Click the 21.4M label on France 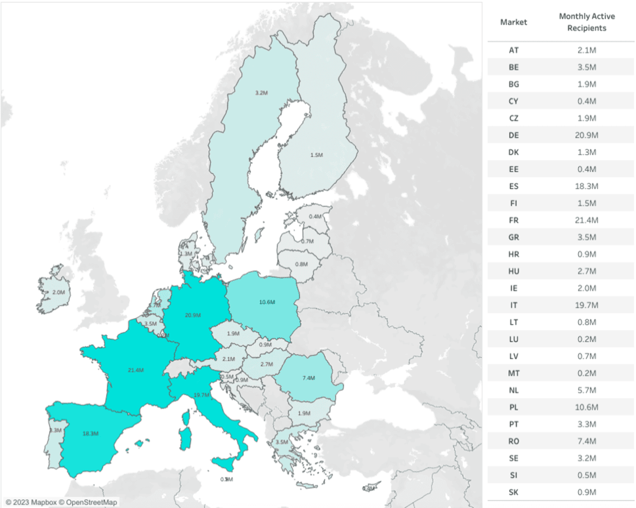point(136,370)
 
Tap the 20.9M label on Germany point(192,315)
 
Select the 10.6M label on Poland point(267,302)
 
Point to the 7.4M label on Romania point(308,378)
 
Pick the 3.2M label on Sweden point(261,93)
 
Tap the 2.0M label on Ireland point(58,292)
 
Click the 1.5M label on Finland point(316,155)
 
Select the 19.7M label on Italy point(201,394)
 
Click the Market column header point(513,22)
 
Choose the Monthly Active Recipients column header point(587,22)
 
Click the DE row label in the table point(513,135)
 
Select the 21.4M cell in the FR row point(587,220)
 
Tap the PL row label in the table point(513,407)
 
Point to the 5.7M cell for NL point(587,390)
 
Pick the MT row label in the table point(513,373)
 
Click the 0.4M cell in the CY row point(587,100)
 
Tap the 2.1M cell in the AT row point(587,50)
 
